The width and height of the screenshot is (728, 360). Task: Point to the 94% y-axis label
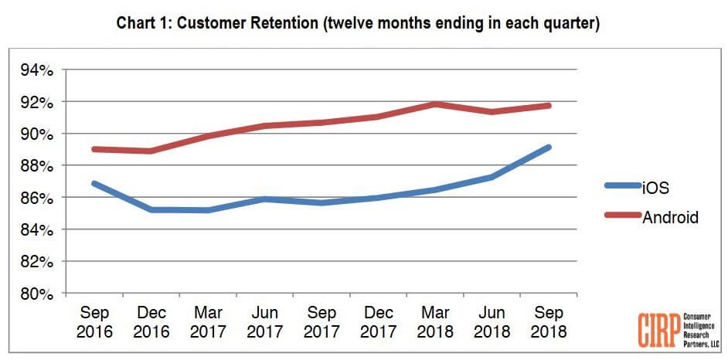coord(37,70)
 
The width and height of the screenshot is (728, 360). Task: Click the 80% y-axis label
coord(37,294)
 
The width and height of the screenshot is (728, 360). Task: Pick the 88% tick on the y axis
coord(37,166)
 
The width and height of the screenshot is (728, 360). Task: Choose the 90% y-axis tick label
coord(37,134)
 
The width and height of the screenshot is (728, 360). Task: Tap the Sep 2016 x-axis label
coord(94,322)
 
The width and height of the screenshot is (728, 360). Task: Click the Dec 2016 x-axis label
coord(151,322)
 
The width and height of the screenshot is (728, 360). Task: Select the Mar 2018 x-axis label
coord(434,322)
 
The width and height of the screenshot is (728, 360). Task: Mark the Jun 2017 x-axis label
coord(264,322)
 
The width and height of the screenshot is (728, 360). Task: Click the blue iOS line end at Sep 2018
coord(548,147)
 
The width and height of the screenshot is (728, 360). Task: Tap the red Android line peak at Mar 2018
coord(434,104)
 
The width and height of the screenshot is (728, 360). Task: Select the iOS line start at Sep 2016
coord(94,184)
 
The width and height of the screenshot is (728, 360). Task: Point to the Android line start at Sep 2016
coord(94,149)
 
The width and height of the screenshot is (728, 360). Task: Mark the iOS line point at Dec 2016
coord(151,209)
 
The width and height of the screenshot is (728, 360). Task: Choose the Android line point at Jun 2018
coord(491,111)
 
